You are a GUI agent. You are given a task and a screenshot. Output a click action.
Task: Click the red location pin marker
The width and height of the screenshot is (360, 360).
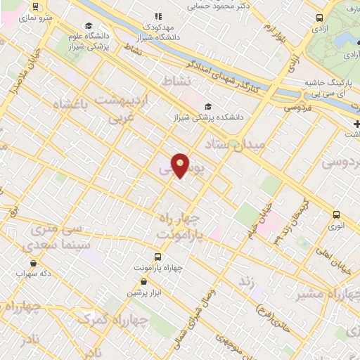click(181, 165)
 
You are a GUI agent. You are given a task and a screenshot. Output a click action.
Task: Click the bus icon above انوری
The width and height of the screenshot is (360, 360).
click(336, 214)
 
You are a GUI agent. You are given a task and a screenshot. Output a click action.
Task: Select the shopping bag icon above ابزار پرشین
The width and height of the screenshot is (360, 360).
click(143, 281)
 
